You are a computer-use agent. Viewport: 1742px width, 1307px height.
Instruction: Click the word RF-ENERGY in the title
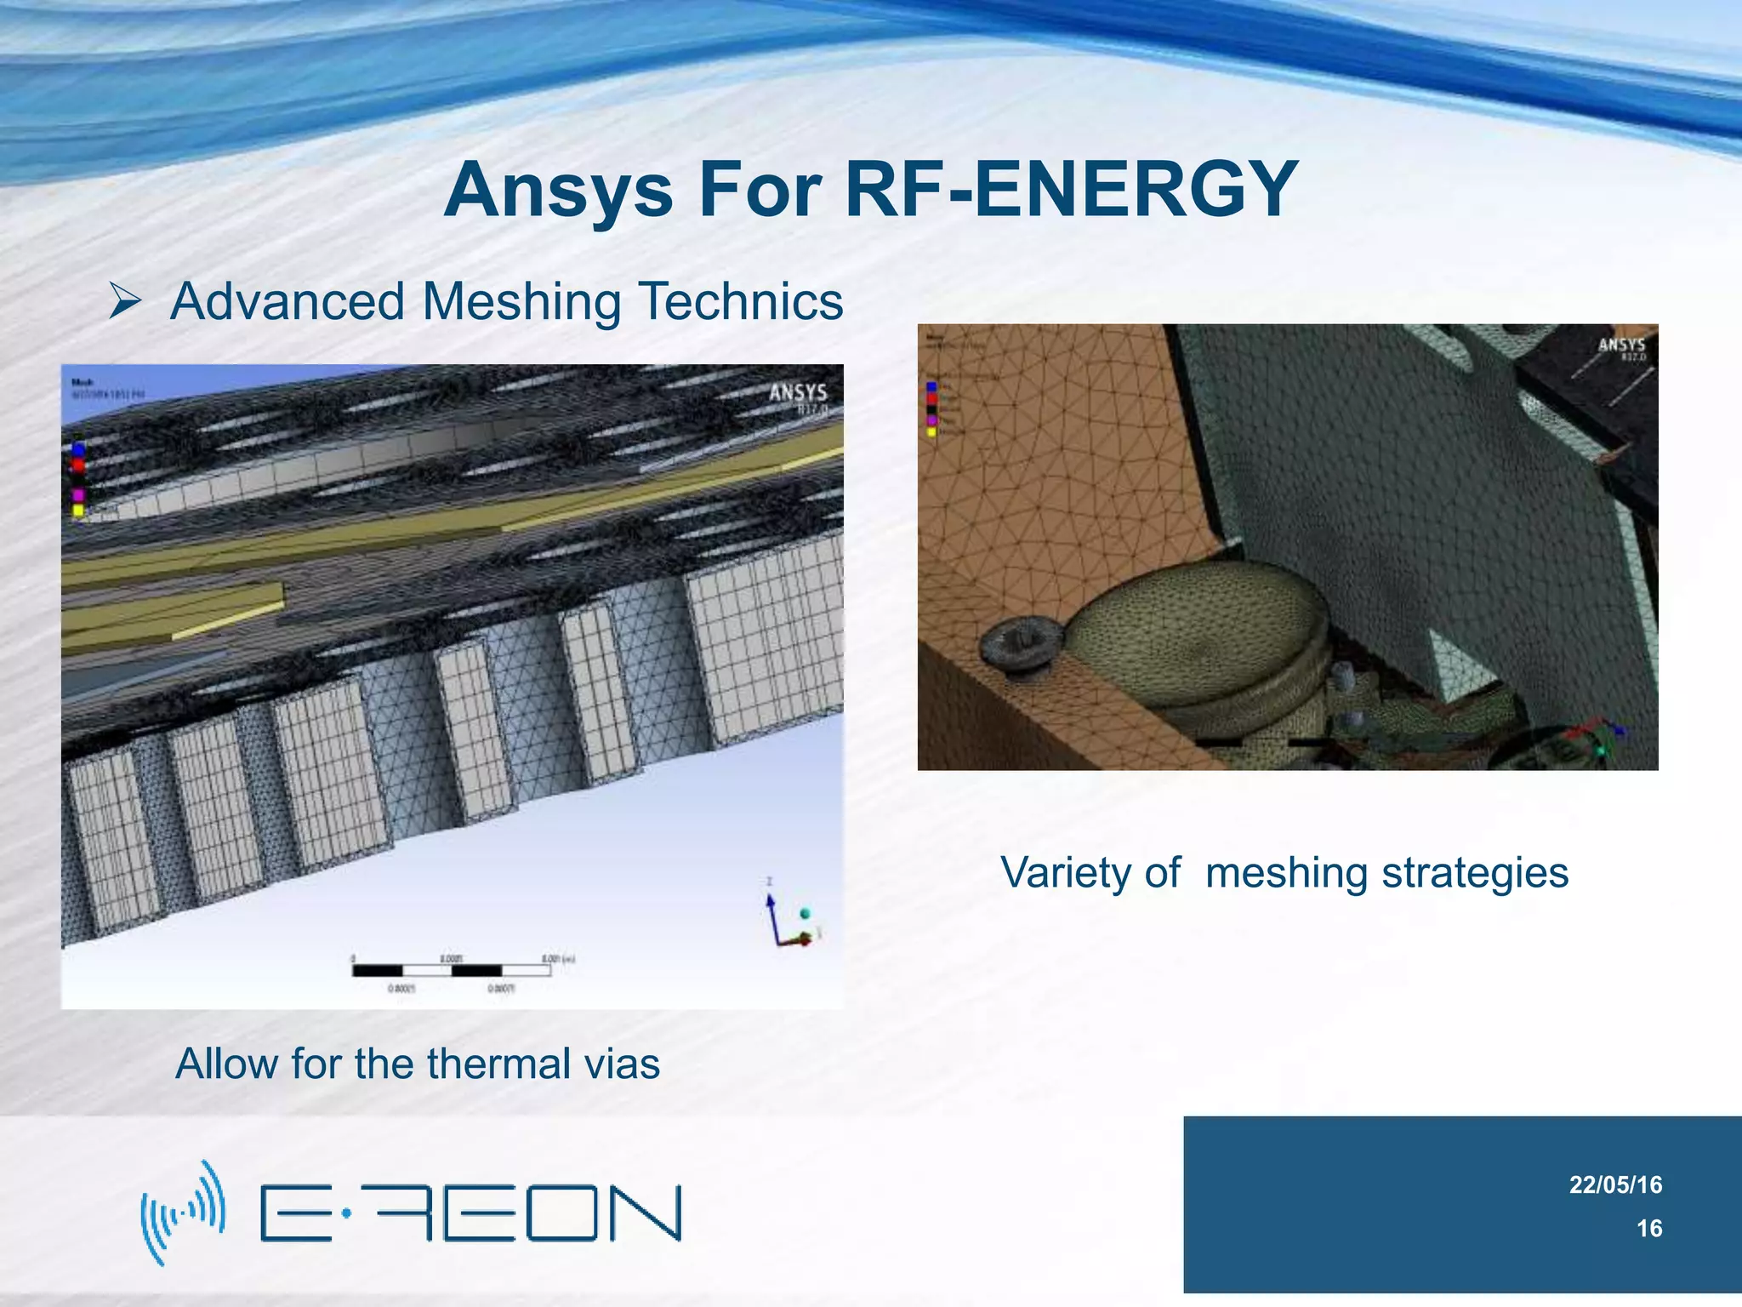[x=1071, y=189]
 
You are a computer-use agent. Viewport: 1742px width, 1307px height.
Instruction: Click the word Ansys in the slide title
[x=558, y=189]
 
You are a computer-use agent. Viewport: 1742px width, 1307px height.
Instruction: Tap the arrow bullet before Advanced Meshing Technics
[x=124, y=301]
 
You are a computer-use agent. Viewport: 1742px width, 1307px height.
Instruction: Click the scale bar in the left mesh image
[x=452, y=970]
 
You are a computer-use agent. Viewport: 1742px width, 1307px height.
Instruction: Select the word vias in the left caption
[x=623, y=1064]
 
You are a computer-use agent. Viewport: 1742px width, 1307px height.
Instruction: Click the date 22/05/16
[x=1615, y=1184]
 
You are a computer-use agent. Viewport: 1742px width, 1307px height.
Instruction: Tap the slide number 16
[x=1649, y=1228]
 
